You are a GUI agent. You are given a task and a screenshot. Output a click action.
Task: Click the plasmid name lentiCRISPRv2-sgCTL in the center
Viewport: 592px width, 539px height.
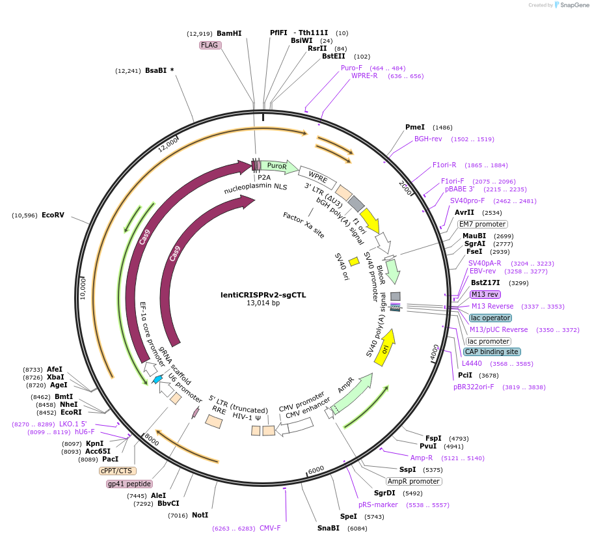(x=263, y=295)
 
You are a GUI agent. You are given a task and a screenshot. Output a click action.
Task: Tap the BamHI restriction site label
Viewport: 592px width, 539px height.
(x=229, y=33)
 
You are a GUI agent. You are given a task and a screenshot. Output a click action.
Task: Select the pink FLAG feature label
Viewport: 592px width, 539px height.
(x=209, y=45)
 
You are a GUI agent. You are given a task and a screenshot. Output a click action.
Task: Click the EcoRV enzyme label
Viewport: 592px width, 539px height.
(x=53, y=215)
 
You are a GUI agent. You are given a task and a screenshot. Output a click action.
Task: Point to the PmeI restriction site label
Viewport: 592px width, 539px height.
(x=414, y=128)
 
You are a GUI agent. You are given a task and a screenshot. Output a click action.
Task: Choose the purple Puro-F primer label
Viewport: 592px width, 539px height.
(x=351, y=68)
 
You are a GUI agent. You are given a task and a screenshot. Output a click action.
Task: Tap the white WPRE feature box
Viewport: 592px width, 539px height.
(x=317, y=177)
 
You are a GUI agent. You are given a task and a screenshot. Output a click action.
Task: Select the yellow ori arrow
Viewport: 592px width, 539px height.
(x=385, y=348)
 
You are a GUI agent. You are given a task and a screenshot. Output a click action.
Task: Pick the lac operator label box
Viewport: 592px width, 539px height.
(x=491, y=318)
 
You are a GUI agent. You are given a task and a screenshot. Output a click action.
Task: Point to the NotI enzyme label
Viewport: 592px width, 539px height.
(x=200, y=515)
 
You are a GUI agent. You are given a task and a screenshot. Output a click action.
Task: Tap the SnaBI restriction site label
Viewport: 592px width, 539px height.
(x=328, y=528)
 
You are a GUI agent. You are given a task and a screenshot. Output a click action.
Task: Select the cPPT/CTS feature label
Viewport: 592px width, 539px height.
(x=116, y=471)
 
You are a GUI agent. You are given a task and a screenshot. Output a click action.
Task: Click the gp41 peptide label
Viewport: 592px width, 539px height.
(x=129, y=484)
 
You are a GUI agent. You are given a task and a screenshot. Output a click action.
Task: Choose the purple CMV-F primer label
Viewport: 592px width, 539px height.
(x=270, y=528)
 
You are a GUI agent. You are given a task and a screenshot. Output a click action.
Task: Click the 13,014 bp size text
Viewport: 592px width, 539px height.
(x=263, y=303)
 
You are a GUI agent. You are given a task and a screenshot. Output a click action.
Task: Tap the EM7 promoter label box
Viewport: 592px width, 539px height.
(x=482, y=224)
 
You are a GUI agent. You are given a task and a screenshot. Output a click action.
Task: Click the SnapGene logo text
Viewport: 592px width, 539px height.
(x=572, y=5)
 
